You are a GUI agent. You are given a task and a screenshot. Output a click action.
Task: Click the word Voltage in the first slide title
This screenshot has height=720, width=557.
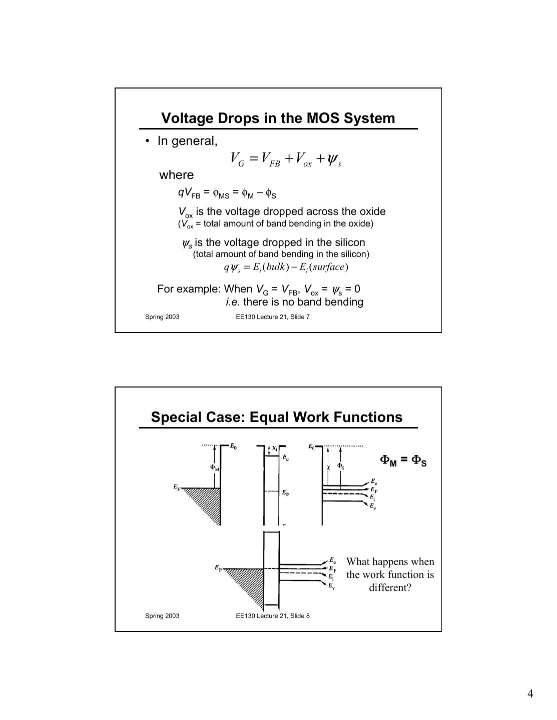coord(186,118)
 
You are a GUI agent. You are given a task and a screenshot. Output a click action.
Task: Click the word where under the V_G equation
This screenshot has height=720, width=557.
coord(176,175)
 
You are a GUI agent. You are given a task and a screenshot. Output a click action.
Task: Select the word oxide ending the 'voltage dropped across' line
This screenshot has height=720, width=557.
coord(370,211)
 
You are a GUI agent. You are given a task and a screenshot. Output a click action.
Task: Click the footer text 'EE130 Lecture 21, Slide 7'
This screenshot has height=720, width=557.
coord(273,317)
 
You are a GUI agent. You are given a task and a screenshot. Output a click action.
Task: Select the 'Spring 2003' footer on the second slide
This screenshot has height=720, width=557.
coord(162,616)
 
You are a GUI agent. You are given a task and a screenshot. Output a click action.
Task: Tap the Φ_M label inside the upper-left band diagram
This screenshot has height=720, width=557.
coord(214,467)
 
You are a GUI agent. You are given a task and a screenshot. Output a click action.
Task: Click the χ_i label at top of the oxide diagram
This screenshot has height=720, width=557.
coord(274,448)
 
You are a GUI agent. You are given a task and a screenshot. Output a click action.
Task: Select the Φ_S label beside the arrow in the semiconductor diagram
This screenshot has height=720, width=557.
coord(340,466)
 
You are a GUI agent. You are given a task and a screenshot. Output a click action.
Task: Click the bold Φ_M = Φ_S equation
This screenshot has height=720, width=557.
coord(403,460)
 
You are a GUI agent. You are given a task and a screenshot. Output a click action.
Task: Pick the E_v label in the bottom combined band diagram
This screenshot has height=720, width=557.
coord(331,585)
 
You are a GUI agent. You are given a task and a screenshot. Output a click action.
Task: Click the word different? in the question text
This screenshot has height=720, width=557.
coord(390,587)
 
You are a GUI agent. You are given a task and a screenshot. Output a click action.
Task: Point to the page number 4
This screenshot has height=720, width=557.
coord(530,693)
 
